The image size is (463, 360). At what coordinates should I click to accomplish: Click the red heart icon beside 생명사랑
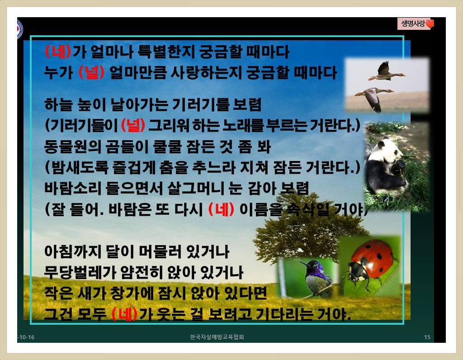(x=430, y=24)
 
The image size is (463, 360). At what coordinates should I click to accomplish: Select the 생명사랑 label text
(x=413, y=24)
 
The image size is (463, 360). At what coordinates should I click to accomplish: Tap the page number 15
(x=427, y=337)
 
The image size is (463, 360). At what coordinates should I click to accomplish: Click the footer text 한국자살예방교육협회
(x=217, y=337)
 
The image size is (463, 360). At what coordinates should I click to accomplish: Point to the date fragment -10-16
(x=26, y=337)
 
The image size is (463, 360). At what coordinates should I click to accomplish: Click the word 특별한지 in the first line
(x=166, y=52)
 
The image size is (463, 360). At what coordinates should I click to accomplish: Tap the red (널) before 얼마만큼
(x=91, y=73)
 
